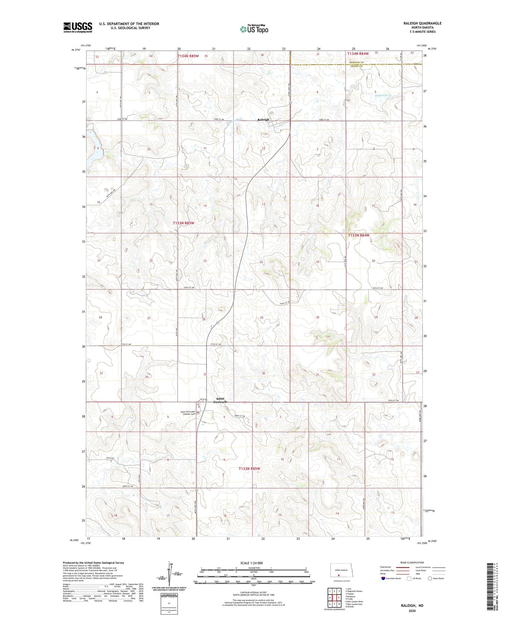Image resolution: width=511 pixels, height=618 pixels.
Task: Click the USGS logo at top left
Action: pyautogui.click(x=78, y=27)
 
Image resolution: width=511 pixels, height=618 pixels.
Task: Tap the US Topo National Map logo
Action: pyautogui.click(x=254, y=29)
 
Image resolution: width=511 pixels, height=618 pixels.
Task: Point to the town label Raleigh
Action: pyautogui.click(x=263, y=120)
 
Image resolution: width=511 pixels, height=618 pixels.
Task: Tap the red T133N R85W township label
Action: pyautogui.click(x=183, y=223)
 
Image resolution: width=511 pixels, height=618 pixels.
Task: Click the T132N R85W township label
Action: pyautogui.click(x=249, y=469)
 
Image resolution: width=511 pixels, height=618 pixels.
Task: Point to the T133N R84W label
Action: pyautogui.click(x=358, y=235)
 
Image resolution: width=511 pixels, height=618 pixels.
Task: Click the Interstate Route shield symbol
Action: pyautogui.click(x=383, y=578)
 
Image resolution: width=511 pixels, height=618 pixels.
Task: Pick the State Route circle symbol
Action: pyautogui.click(x=430, y=578)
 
